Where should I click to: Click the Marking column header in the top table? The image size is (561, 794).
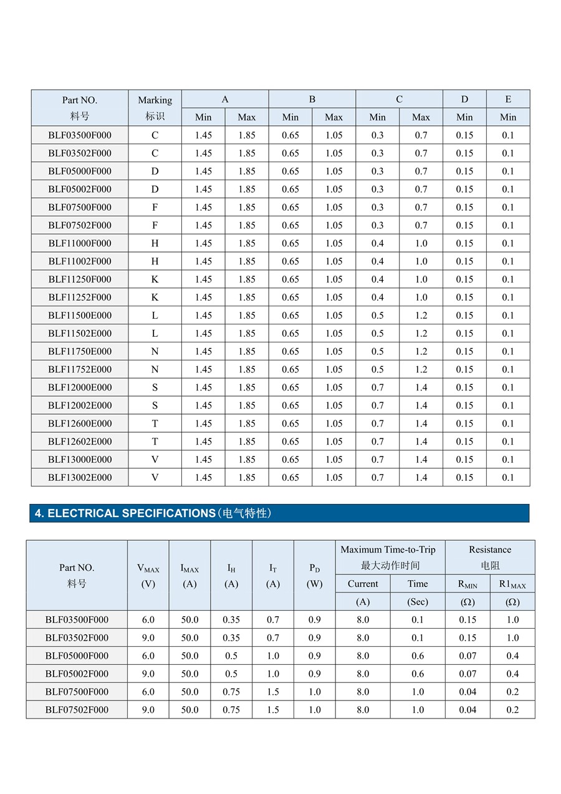click(155, 107)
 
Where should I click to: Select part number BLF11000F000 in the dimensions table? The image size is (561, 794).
click(80, 243)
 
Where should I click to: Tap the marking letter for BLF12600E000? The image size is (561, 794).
click(155, 424)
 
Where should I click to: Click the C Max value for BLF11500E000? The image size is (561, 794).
click(421, 315)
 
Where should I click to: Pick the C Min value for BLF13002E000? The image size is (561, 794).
click(377, 478)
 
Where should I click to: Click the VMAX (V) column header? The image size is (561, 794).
click(148, 576)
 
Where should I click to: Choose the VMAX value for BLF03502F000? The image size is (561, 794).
click(148, 637)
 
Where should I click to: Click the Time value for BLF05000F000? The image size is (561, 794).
click(418, 656)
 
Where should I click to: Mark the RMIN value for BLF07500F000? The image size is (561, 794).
click(467, 692)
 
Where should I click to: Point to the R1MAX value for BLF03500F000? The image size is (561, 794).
click(512, 620)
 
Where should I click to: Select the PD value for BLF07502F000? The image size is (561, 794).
click(315, 710)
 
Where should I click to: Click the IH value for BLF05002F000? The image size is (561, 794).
click(231, 674)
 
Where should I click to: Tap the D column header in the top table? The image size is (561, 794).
click(464, 99)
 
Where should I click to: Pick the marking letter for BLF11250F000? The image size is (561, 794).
click(155, 279)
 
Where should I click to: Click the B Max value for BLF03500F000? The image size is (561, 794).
click(333, 135)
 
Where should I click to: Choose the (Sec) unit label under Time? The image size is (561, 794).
click(418, 602)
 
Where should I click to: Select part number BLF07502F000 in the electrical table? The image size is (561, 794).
click(77, 710)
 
